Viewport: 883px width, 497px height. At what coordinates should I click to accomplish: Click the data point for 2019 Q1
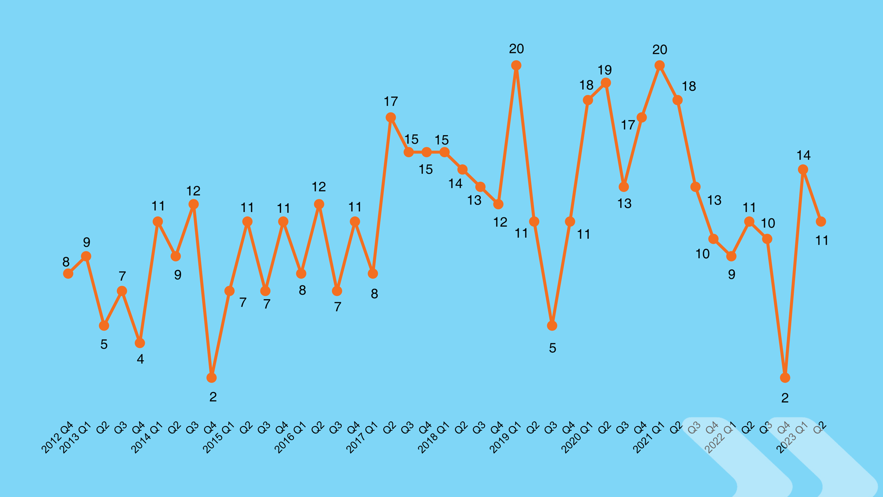516,65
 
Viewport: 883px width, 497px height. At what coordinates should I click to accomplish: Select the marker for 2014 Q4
211,377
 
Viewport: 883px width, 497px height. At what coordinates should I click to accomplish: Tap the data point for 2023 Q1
803,169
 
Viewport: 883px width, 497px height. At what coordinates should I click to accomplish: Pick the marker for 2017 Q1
373,273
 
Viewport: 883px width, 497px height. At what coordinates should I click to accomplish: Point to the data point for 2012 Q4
68,273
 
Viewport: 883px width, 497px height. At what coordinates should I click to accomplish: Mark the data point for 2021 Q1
660,65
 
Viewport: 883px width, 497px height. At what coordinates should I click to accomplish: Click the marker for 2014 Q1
158,221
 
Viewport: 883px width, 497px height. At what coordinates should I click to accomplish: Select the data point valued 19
605,83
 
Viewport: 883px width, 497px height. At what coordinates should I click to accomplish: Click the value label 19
605,70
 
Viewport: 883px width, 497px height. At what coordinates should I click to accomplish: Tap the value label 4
140,359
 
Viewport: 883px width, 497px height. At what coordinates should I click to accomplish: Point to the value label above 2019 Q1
516,49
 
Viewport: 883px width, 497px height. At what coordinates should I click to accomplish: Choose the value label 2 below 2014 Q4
213,397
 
